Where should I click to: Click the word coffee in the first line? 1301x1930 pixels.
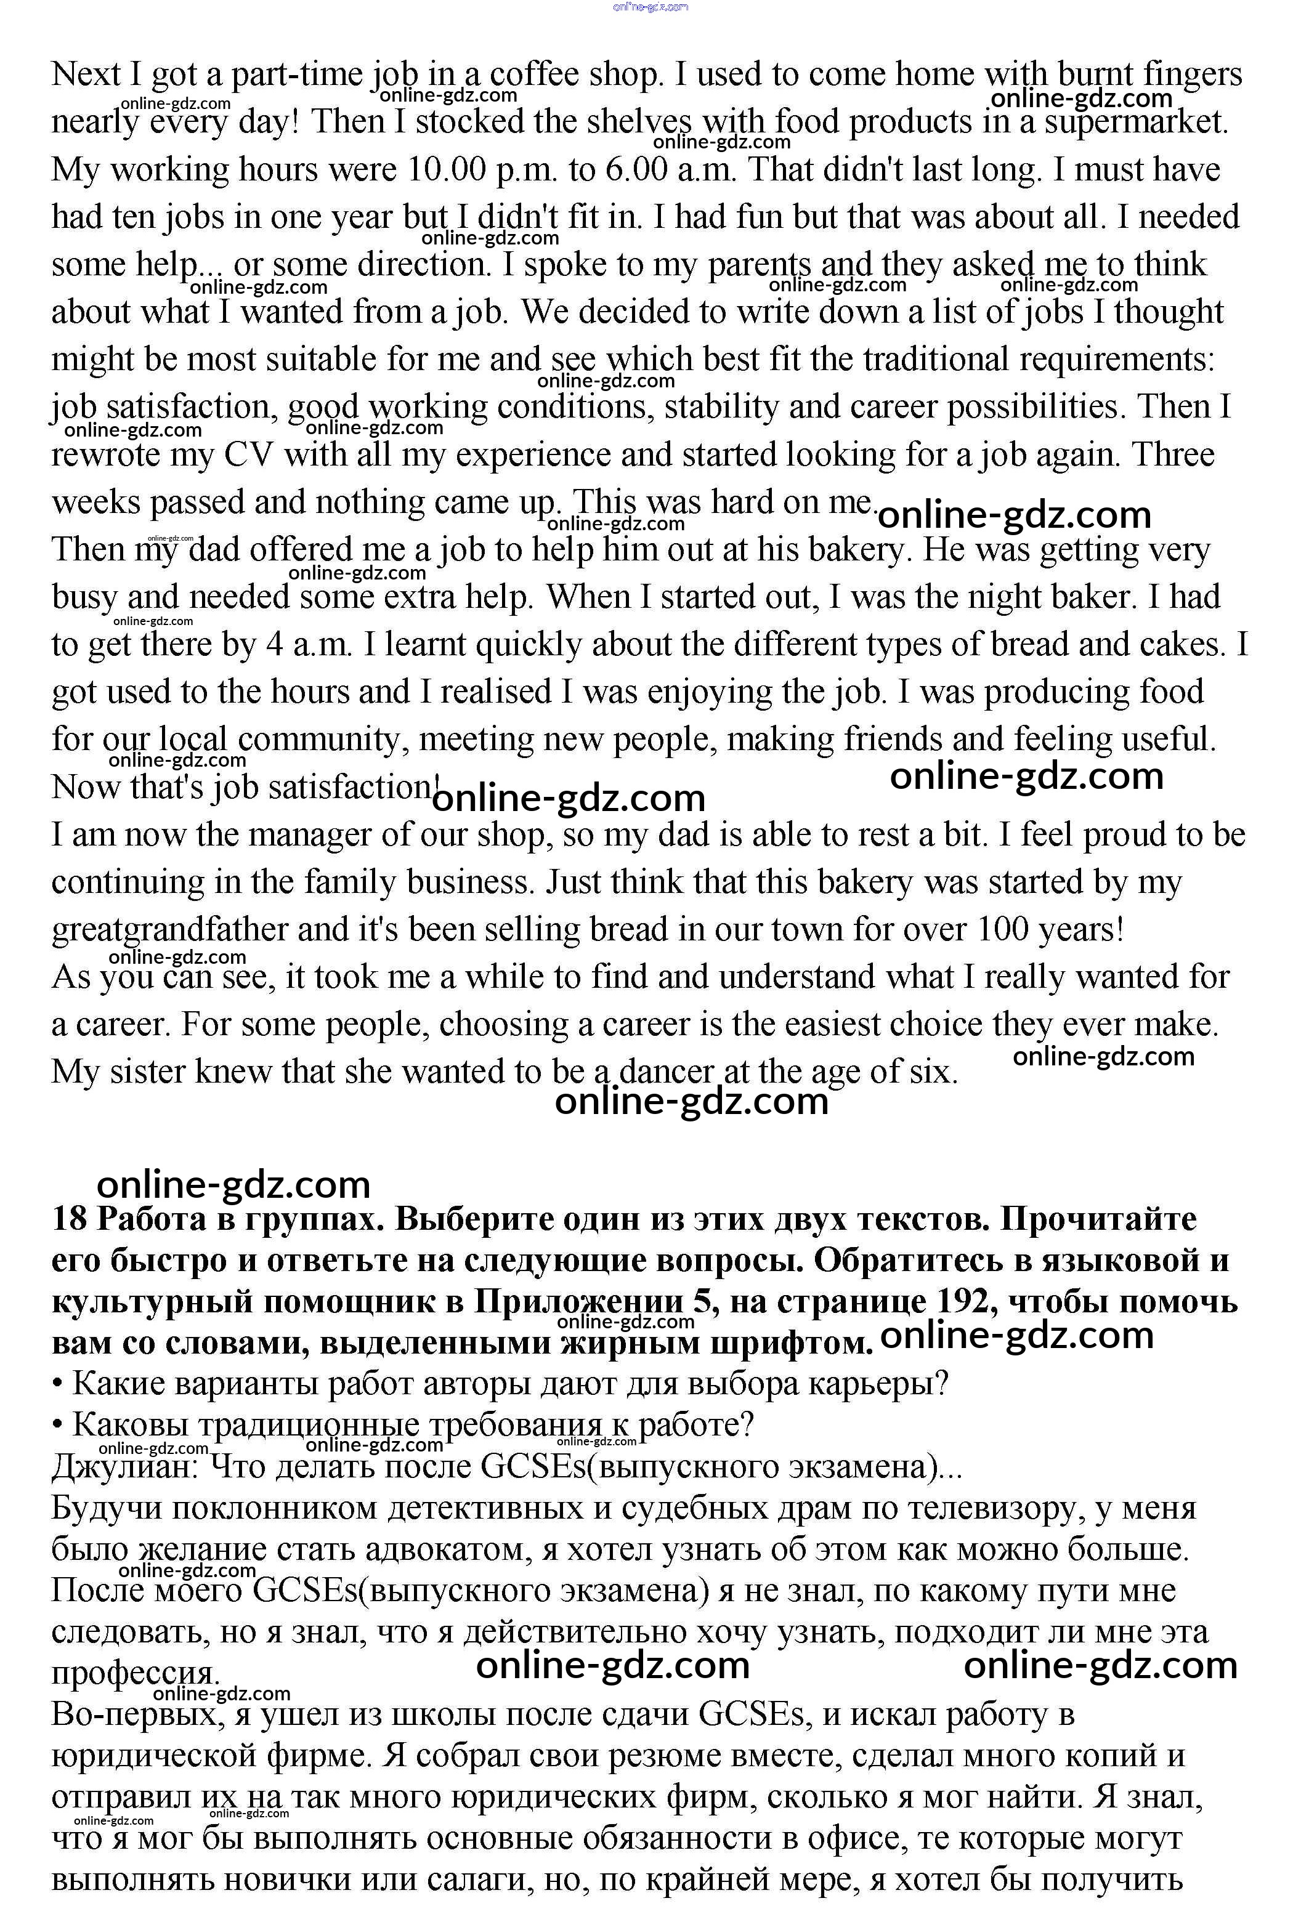(533, 75)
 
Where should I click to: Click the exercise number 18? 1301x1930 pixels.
(70, 1219)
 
